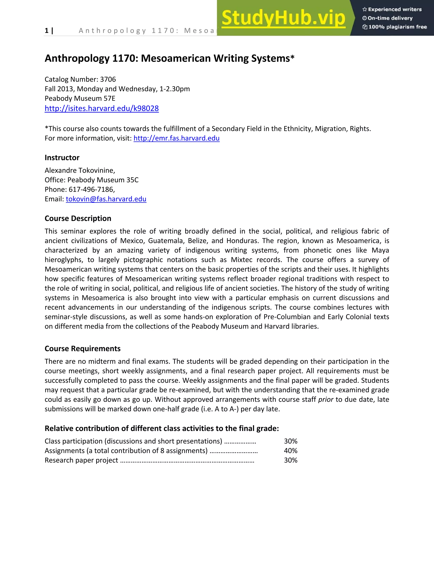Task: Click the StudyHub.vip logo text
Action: coord(283,18)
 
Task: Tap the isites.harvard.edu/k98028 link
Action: coord(102,108)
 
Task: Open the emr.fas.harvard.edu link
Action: coord(176,138)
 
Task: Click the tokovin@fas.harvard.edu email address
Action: coord(106,199)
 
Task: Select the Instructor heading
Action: coord(62,158)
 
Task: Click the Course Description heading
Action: coord(78,218)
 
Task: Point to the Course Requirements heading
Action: coord(82,349)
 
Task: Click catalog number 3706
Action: coord(108,79)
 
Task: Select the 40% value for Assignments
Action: coord(291,450)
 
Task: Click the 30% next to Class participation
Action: coord(291,441)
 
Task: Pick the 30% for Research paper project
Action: coord(291,460)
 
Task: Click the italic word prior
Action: coord(325,399)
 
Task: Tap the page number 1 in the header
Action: coord(47,31)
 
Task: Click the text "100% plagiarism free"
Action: coord(398,27)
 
